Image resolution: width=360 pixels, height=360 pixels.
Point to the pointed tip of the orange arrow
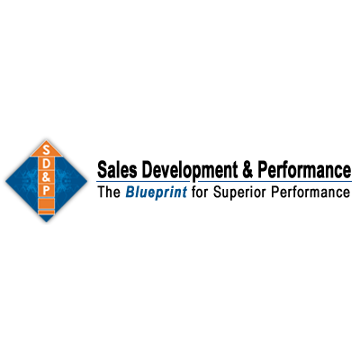pyautogui.click(x=45, y=139)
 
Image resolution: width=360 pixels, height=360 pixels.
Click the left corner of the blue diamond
pyautogui.click(x=5, y=180)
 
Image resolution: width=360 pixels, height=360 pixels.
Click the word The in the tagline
pyautogui.click(x=109, y=193)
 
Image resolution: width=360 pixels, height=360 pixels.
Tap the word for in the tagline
pyautogui.click(x=199, y=193)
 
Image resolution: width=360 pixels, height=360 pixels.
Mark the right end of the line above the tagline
pyautogui.click(x=352, y=182)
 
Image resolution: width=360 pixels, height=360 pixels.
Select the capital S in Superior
pyautogui.click(x=214, y=193)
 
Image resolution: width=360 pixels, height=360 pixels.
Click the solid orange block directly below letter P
pyautogui.click(x=45, y=204)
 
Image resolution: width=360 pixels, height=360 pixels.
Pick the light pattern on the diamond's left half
pyautogui.click(x=23, y=179)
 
